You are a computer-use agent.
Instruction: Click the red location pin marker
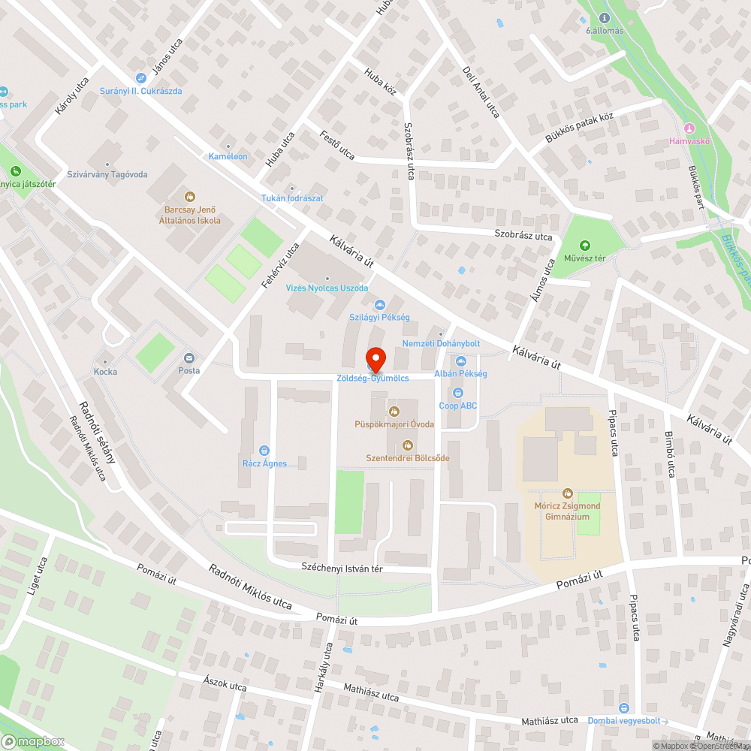[x=375, y=359]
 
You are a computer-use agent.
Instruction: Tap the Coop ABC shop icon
[x=458, y=392]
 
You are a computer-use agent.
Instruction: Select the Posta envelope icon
[x=189, y=357]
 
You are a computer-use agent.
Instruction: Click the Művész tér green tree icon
[x=585, y=246]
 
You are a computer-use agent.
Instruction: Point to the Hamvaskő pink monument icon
[x=689, y=128]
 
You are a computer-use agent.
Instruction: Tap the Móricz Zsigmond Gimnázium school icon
[x=568, y=493]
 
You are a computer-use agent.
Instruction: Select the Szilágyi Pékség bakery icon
[x=379, y=304]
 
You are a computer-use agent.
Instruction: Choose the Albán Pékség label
[x=461, y=374]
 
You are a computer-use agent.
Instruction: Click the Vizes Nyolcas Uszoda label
[x=327, y=288]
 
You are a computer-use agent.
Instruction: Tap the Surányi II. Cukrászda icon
[x=140, y=78]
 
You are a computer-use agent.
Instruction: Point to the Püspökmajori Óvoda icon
[x=394, y=411]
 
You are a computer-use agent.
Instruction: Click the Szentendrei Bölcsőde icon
[x=408, y=445]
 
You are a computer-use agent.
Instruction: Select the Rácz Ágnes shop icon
[x=264, y=451]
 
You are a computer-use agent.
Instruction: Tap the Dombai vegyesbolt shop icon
[x=623, y=708]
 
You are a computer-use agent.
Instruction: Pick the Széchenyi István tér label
[x=342, y=568]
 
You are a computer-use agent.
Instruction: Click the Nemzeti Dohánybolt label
[x=441, y=343]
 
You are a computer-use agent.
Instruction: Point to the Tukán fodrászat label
[x=292, y=198]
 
